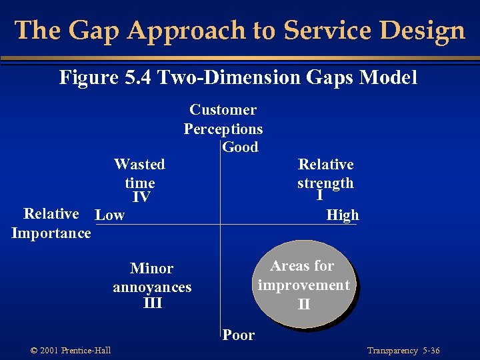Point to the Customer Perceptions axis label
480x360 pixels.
[x=223, y=119]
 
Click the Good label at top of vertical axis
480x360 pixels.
[x=240, y=147]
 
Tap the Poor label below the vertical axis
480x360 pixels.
[x=239, y=335]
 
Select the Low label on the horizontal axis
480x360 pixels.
[x=110, y=215]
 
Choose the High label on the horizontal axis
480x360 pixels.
[x=343, y=215]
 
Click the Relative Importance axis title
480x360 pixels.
[x=51, y=223]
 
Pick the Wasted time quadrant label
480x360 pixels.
[x=139, y=173]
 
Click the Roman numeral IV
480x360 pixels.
[x=141, y=197]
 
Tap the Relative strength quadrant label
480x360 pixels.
[x=325, y=173]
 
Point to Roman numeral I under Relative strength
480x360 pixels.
[x=320, y=196]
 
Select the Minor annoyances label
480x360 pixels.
[x=152, y=278]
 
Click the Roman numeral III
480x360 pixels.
[x=153, y=303]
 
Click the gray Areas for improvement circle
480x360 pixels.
[x=304, y=283]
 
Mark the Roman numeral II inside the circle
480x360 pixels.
[x=304, y=305]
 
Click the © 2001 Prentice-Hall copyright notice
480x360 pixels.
[x=71, y=351]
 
